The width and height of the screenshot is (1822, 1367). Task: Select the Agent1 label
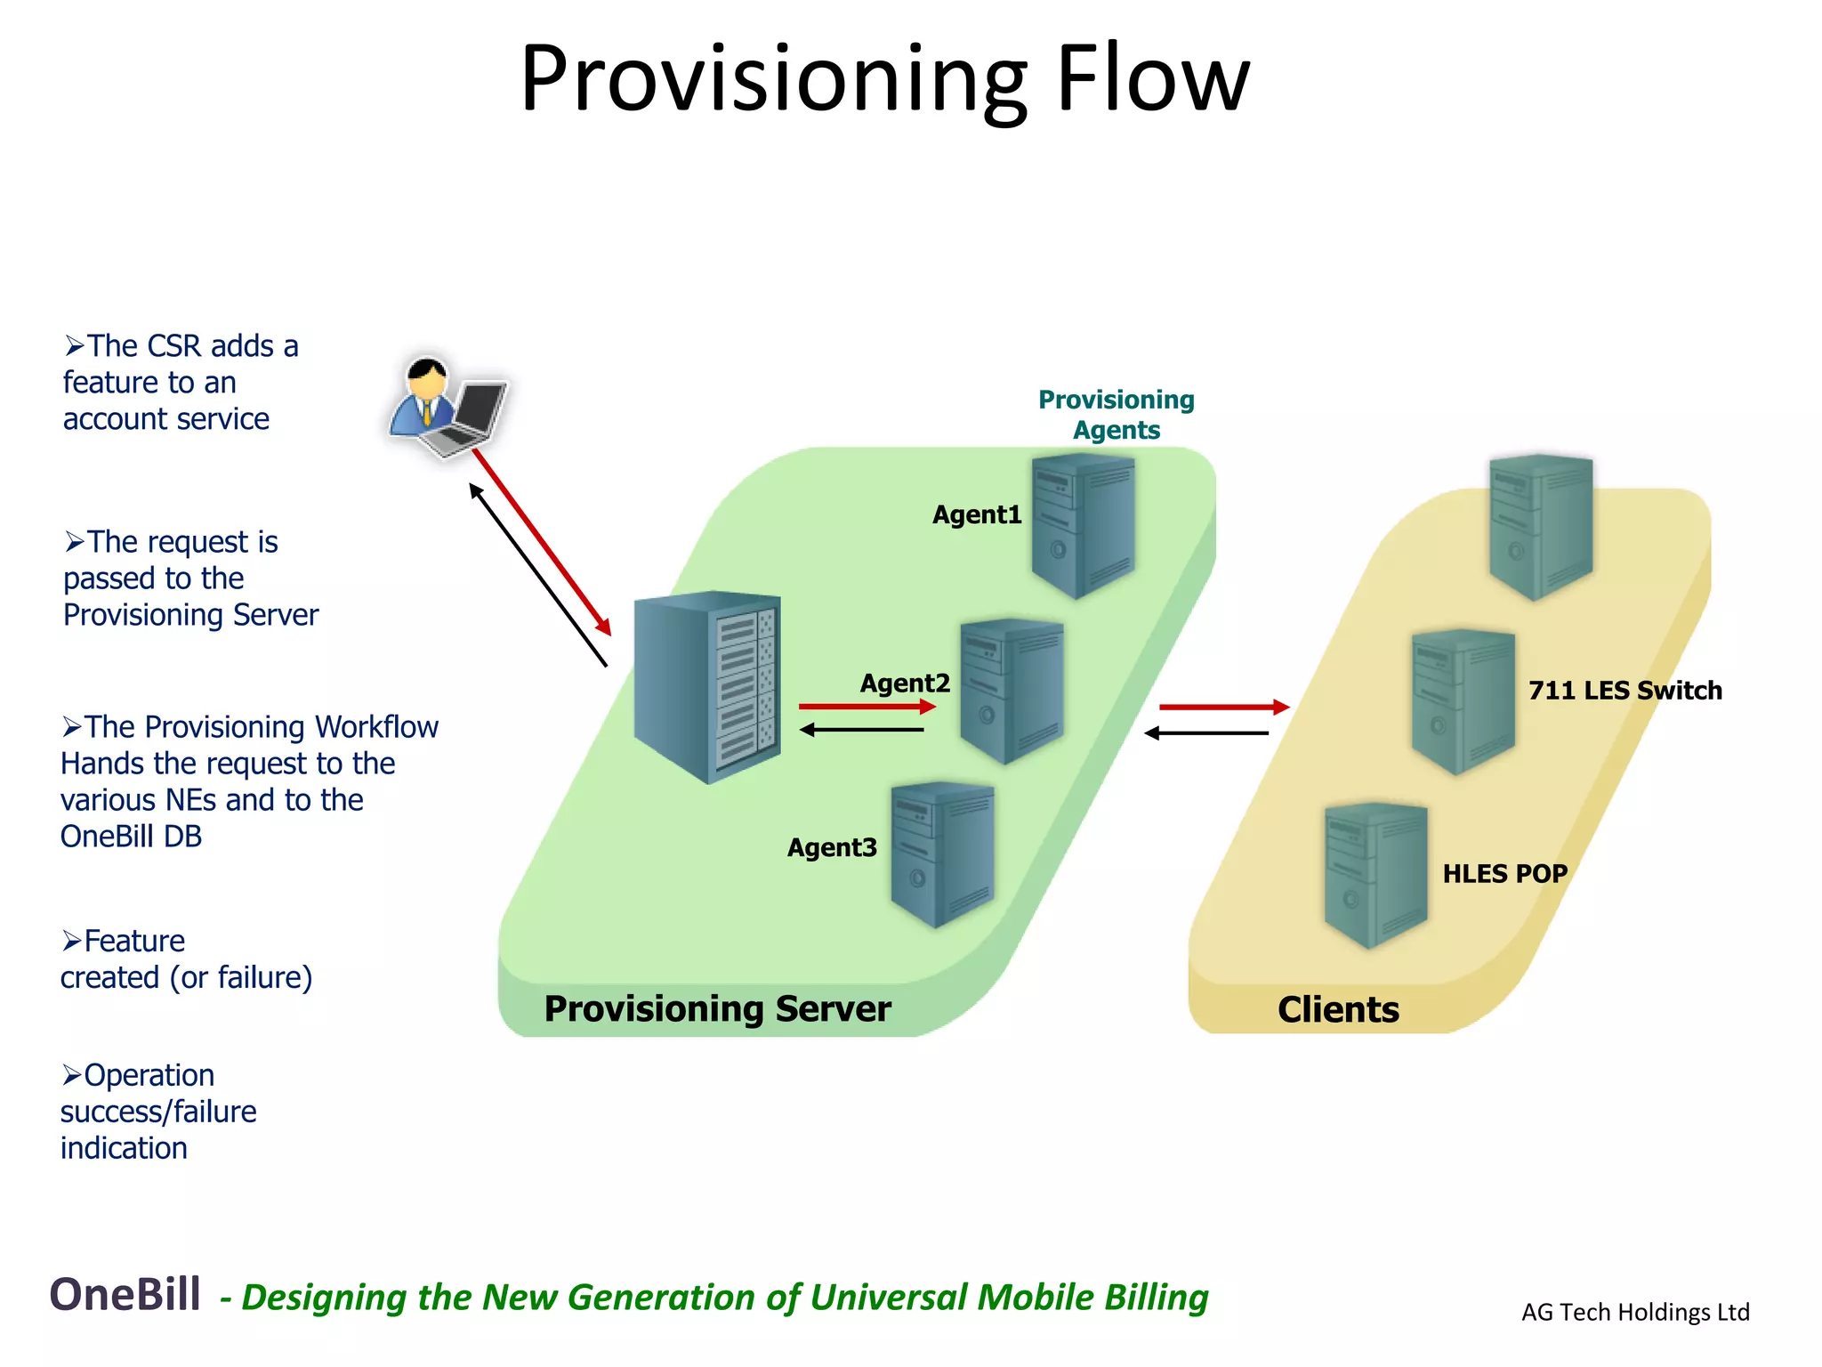[x=976, y=514]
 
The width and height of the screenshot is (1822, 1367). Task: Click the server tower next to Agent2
[x=1012, y=691]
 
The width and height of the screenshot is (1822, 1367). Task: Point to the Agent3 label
[x=831, y=847]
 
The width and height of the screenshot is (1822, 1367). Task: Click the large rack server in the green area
[x=707, y=686]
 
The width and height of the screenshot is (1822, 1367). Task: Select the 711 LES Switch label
[x=1624, y=690]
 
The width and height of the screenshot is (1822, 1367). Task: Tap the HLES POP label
[x=1504, y=873]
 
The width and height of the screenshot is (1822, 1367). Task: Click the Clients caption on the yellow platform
[x=1337, y=1009]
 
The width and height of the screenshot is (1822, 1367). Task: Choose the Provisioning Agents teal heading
[x=1116, y=414]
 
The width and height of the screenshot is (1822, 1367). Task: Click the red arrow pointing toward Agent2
[x=867, y=707]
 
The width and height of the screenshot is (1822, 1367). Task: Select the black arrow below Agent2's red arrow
[x=861, y=730]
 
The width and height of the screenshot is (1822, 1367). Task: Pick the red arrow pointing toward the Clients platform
[x=1223, y=707]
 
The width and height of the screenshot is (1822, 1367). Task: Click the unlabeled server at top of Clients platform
[x=1540, y=526]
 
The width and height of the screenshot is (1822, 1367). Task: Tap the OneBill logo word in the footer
[x=125, y=1294]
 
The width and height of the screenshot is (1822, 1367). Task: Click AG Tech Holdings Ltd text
[x=1634, y=1312]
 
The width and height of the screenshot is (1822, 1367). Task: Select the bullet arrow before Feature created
[x=71, y=941]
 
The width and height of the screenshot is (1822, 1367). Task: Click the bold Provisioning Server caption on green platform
[x=716, y=1008]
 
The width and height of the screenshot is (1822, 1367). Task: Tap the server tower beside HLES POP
[x=1375, y=875]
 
